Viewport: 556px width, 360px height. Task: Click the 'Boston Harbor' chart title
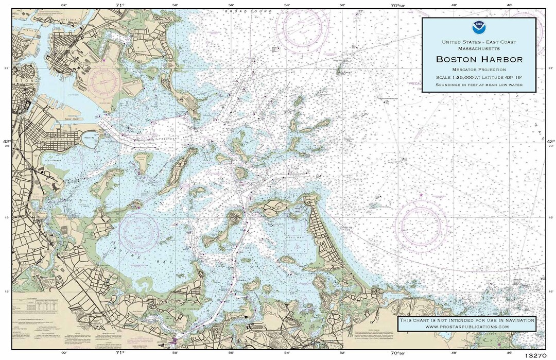point(479,59)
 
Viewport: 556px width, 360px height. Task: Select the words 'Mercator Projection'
point(479,69)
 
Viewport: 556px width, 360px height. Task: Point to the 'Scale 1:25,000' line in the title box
point(479,77)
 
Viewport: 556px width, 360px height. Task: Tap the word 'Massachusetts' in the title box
point(479,48)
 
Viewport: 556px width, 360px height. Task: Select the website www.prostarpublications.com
point(467,327)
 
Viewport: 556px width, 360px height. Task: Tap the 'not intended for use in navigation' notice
point(467,320)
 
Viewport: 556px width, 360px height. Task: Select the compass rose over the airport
point(106,80)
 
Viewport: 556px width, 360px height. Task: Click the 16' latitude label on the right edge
point(550,291)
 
